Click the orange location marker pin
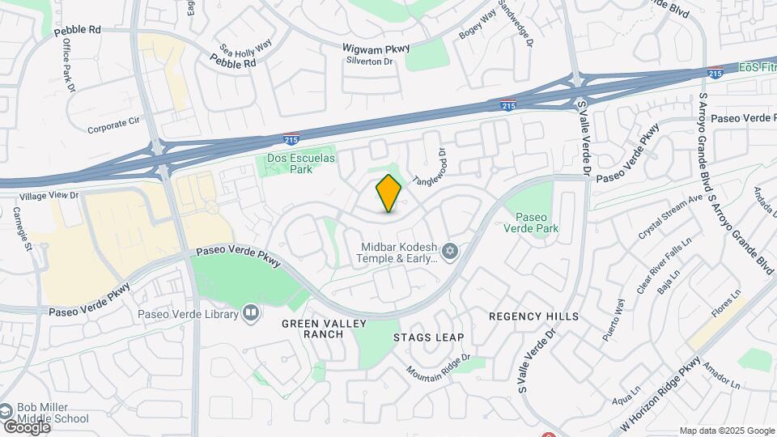(389, 193)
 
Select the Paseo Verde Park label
(537, 223)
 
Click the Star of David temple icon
(451, 250)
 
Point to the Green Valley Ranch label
(324, 329)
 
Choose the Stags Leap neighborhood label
(428, 337)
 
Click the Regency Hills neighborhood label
(534, 316)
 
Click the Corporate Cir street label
(113, 126)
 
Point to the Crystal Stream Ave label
(670, 216)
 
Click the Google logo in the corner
(26, 426)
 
